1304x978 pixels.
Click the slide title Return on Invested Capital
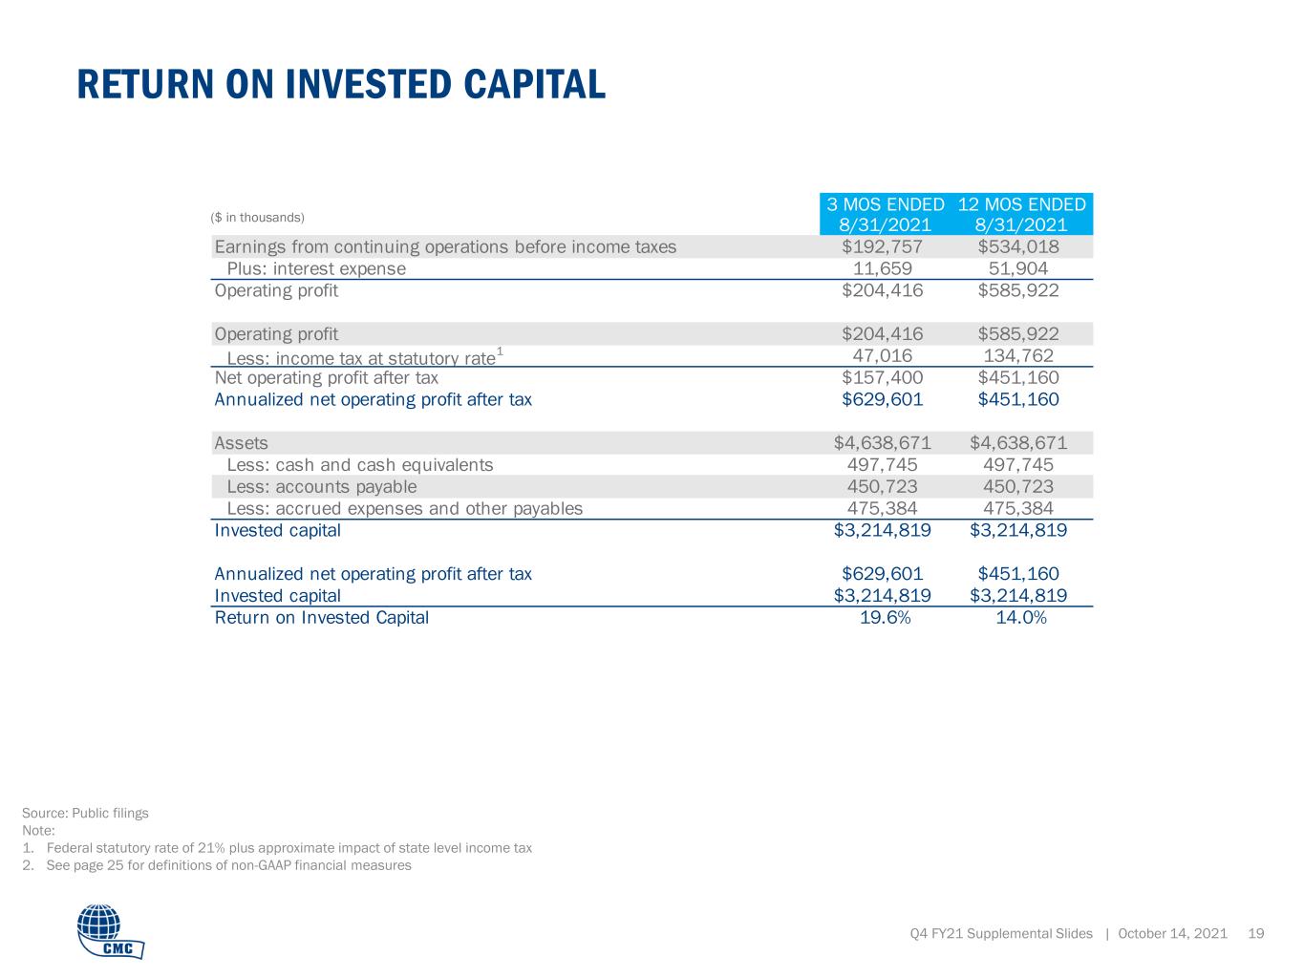[x=341, y=84]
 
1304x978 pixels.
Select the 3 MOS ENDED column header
[x=886, y=214]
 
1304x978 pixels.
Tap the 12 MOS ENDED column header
[x=1021, y=214]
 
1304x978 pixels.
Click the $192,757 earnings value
[x=882, y=246]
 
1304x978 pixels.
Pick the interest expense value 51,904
[x=1017, y=268]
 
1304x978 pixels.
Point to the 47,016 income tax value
[x=882, y=355]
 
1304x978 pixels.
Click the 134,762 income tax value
[x=1018, y=355]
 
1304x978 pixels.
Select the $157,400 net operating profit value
[x=882, y=377]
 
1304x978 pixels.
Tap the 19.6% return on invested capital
[x=886, y=618]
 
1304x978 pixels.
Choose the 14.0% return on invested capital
[x=1021, y=618]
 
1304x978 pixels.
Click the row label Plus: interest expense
[x=316, y=269]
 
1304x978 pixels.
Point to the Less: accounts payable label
[x=321, y=487]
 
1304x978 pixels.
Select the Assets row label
[x=241, y=443]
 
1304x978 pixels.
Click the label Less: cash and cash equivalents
[x=360, y=465]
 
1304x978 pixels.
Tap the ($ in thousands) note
[x=257, y=218]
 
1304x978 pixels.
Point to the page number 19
[x=1256, y=933]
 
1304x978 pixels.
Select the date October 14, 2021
[x=1173, y=933]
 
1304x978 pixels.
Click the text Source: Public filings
[x=85, y=813]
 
